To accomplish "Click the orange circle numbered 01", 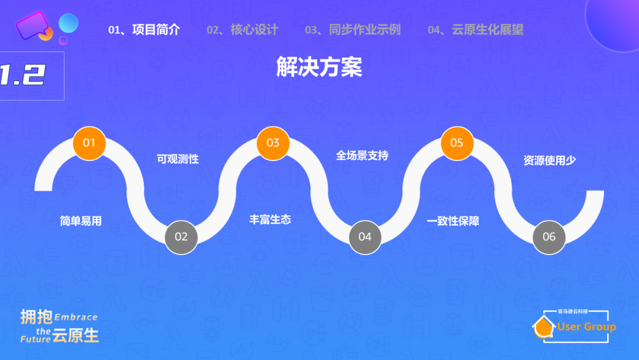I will click(89, 143).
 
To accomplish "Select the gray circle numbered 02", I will click(181, 237).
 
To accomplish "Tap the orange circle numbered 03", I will click(273, 143).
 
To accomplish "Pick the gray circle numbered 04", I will click(365, 237).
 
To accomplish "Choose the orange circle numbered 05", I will click(457, 143).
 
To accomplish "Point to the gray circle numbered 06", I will click(549, 237).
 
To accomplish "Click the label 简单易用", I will click(81, 221).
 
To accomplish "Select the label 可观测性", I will click(177, 159).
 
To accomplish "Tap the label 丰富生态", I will click(270, 220).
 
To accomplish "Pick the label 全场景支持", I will click(362, 156).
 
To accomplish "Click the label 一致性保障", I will click(453, 221).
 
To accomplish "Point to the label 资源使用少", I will click(550, 160).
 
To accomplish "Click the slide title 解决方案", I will click(319, 67).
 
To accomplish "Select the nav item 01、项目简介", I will click(144, 30).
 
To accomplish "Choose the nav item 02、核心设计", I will click(242, 30).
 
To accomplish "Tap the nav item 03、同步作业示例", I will click(353, 30).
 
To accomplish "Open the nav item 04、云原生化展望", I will click(476, 30).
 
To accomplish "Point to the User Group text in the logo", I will click(586, 327).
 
